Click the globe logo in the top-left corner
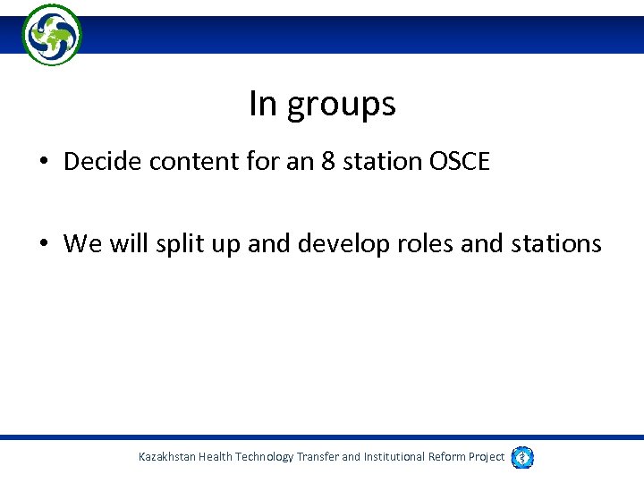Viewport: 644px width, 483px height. [x=52, y=34]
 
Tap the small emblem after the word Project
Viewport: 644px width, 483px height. [x=522, y=457]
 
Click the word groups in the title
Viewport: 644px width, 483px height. [x=341, y=106]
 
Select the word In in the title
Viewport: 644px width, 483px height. [x=263, y=104]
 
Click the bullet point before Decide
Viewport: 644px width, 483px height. [x=44, y=163]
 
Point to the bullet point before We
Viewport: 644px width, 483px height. [x=44, y=244]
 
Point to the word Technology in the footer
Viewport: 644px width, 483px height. [x=259, y=457]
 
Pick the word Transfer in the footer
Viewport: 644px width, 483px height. [x=318, y=457]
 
